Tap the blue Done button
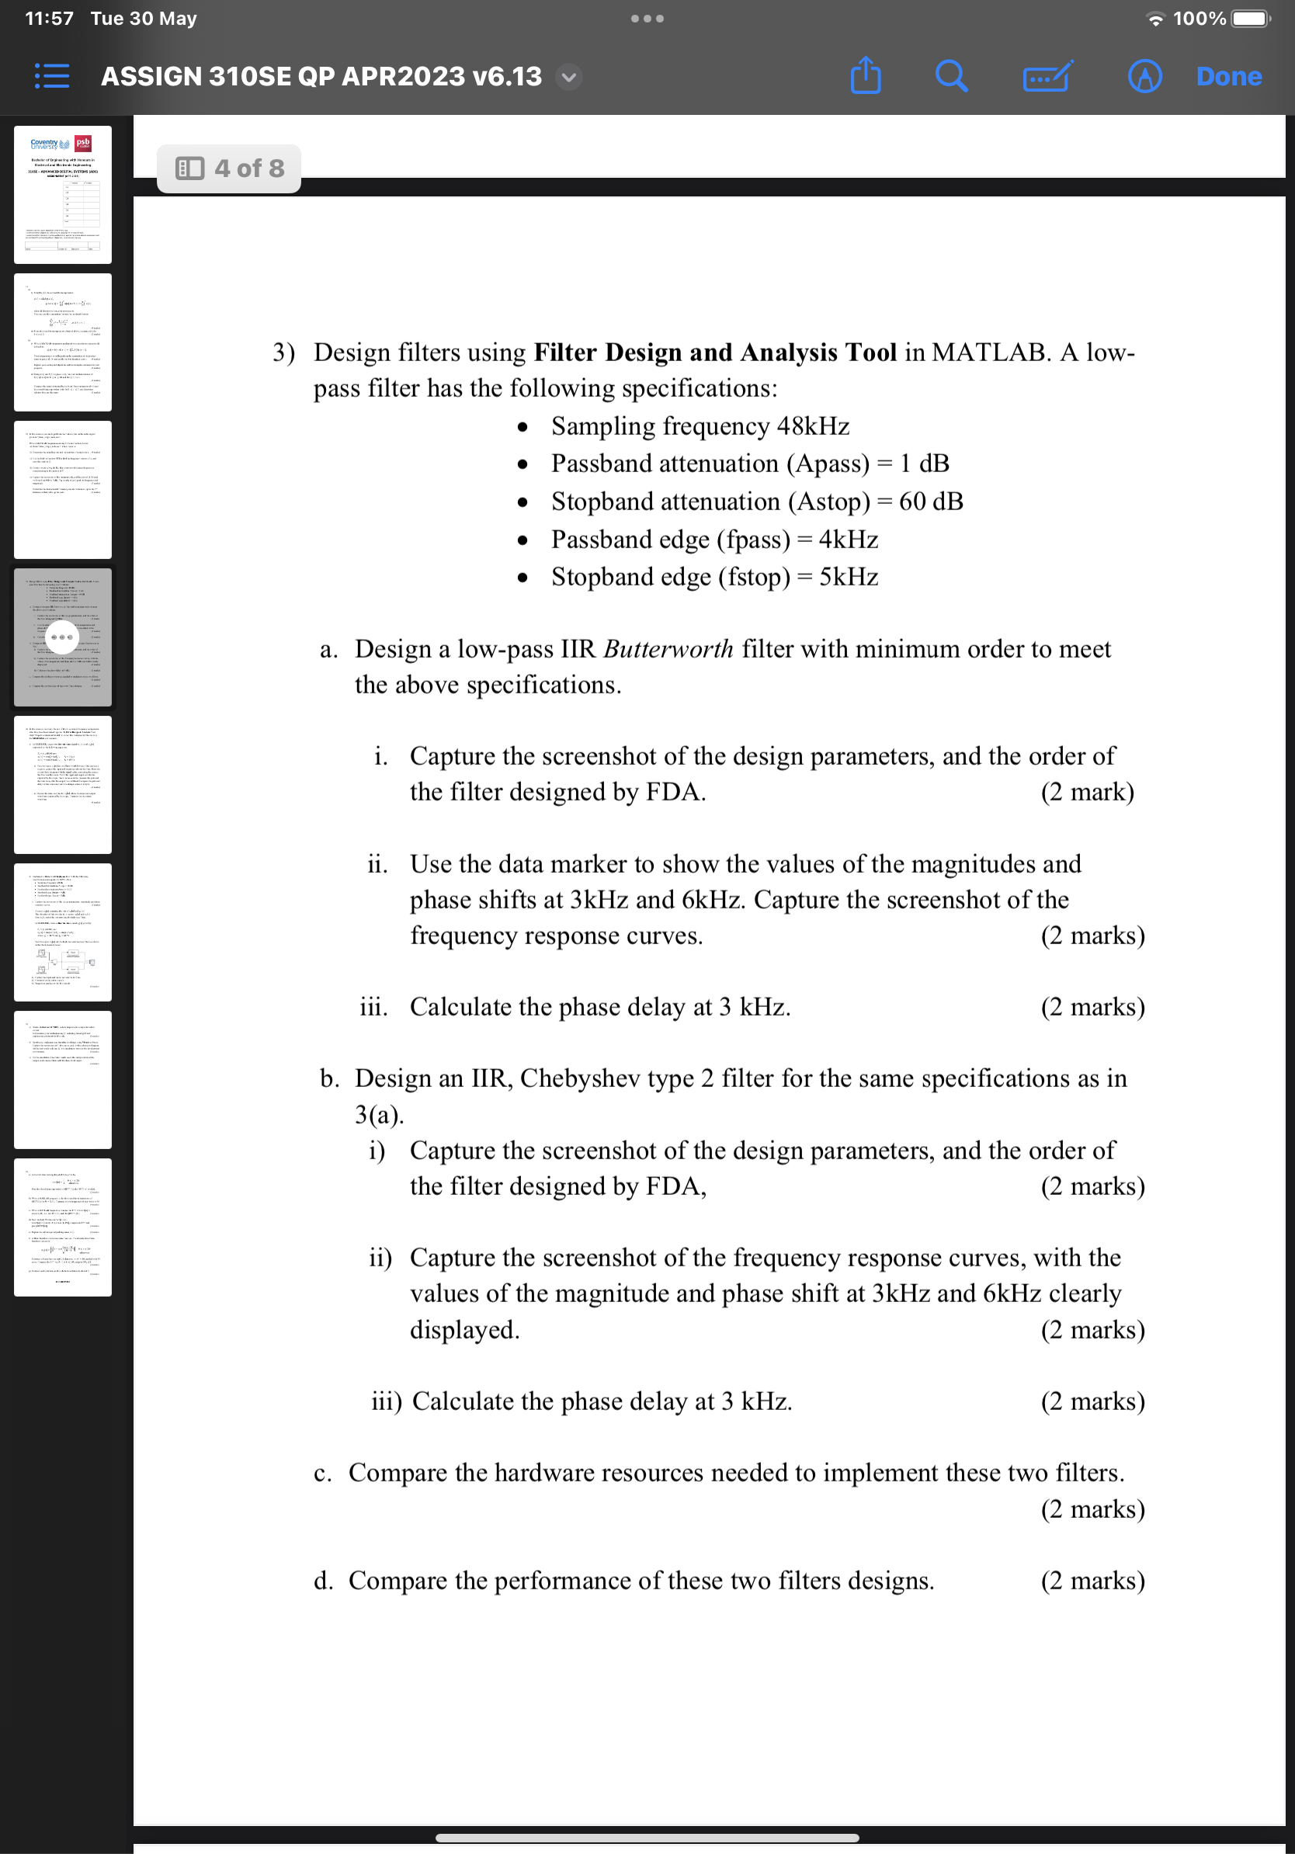1228,77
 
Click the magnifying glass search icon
951,77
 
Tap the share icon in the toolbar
866,76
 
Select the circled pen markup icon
1144,77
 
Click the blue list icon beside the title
53,77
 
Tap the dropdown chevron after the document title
569,78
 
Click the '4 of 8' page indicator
229,168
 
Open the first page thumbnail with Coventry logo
63,195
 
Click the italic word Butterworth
668,649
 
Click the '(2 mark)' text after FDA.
1087,792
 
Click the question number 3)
283,353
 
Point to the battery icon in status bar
1250,18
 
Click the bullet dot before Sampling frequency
523,427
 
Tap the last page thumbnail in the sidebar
63,1227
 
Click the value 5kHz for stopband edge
848,578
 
